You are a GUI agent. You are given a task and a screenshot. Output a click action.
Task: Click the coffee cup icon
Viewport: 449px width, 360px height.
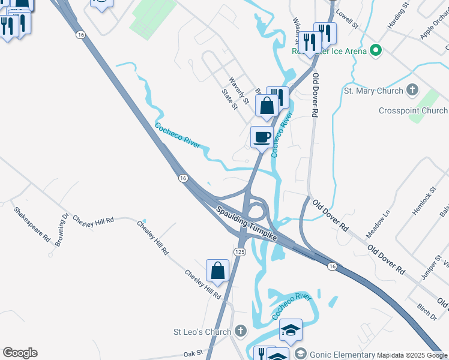tap(262, 137)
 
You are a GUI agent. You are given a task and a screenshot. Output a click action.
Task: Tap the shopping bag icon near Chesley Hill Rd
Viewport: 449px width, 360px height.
tap(217, 271)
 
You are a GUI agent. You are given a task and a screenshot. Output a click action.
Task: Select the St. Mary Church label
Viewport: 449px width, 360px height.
tap(373, 91)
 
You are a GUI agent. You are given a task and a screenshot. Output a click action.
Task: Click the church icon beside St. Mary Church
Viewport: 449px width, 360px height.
tap(412, 91)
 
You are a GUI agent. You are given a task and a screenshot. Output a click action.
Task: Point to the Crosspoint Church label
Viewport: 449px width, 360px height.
tap(413, 111)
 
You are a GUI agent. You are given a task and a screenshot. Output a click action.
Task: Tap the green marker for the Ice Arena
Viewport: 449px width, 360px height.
tap(376, 50)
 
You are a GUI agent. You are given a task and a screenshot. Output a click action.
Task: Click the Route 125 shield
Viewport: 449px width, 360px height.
tap(240, 251)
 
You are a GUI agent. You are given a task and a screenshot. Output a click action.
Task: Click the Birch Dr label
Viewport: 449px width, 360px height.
tap(427, 312)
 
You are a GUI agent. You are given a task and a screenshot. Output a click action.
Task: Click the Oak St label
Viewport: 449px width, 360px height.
tap(194, 354)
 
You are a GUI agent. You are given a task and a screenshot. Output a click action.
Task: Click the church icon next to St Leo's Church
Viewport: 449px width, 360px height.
tap(240, 331)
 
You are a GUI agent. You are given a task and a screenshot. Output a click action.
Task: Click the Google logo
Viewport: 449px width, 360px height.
tap(20, 353)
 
